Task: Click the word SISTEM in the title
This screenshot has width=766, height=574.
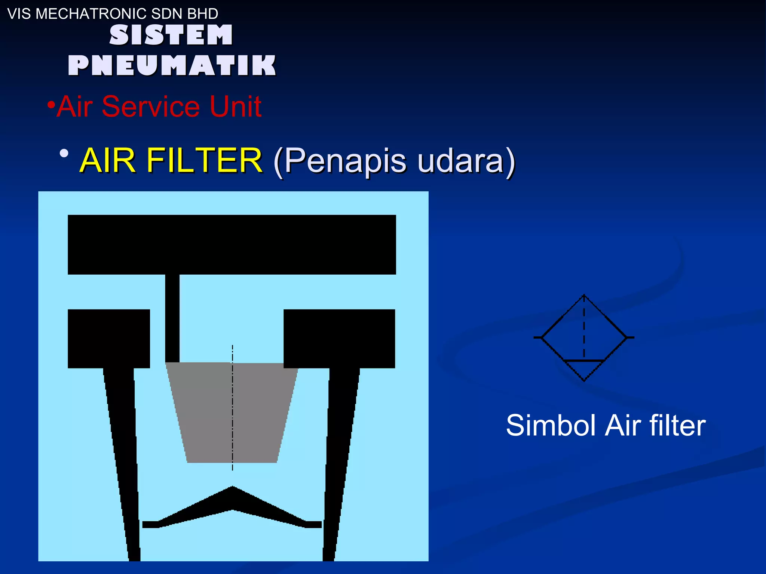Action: pyautogui.click(x=171, y=35)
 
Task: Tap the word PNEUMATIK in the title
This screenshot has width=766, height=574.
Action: pyautogui.click(x=172, y=65)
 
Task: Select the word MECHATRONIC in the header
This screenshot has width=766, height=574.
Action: pyautogui.click(x=86, y=14)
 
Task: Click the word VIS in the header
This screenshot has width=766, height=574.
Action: pyautogui.click(x=19, y=14)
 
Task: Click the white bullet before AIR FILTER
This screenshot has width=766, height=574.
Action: pyautogui.click(x=64, y=154)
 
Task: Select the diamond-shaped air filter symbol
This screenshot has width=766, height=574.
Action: pyautogui.click(x=584, y=337)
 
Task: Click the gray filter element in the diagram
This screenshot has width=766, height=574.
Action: pyautogui.click(x=232, y=411)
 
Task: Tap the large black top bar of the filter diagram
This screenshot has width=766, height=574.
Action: pyautogui.click(x=232, y=244)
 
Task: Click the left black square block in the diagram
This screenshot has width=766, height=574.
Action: pyautogui.click(x=109, y=339)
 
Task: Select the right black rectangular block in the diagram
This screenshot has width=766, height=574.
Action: pyautogui.click(x=339, y=339)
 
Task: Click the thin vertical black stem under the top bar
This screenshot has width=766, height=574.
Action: pyautogui.click(x=172, y=318)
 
